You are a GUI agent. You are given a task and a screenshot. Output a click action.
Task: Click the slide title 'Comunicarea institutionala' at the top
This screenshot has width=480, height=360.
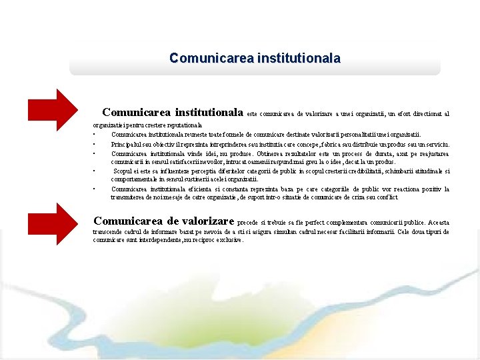[255, 58]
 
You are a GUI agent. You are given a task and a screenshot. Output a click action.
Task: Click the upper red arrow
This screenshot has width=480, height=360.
[53, 109]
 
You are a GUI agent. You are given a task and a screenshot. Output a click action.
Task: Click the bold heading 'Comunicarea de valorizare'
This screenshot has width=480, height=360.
[164, 221]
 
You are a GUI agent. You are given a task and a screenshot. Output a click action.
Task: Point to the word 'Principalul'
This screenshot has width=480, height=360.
[126, 144]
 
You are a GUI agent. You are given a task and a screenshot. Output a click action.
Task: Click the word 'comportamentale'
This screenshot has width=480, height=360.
[134, 180]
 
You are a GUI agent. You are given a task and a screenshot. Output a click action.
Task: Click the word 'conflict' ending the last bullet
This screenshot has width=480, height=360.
[386, 198]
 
